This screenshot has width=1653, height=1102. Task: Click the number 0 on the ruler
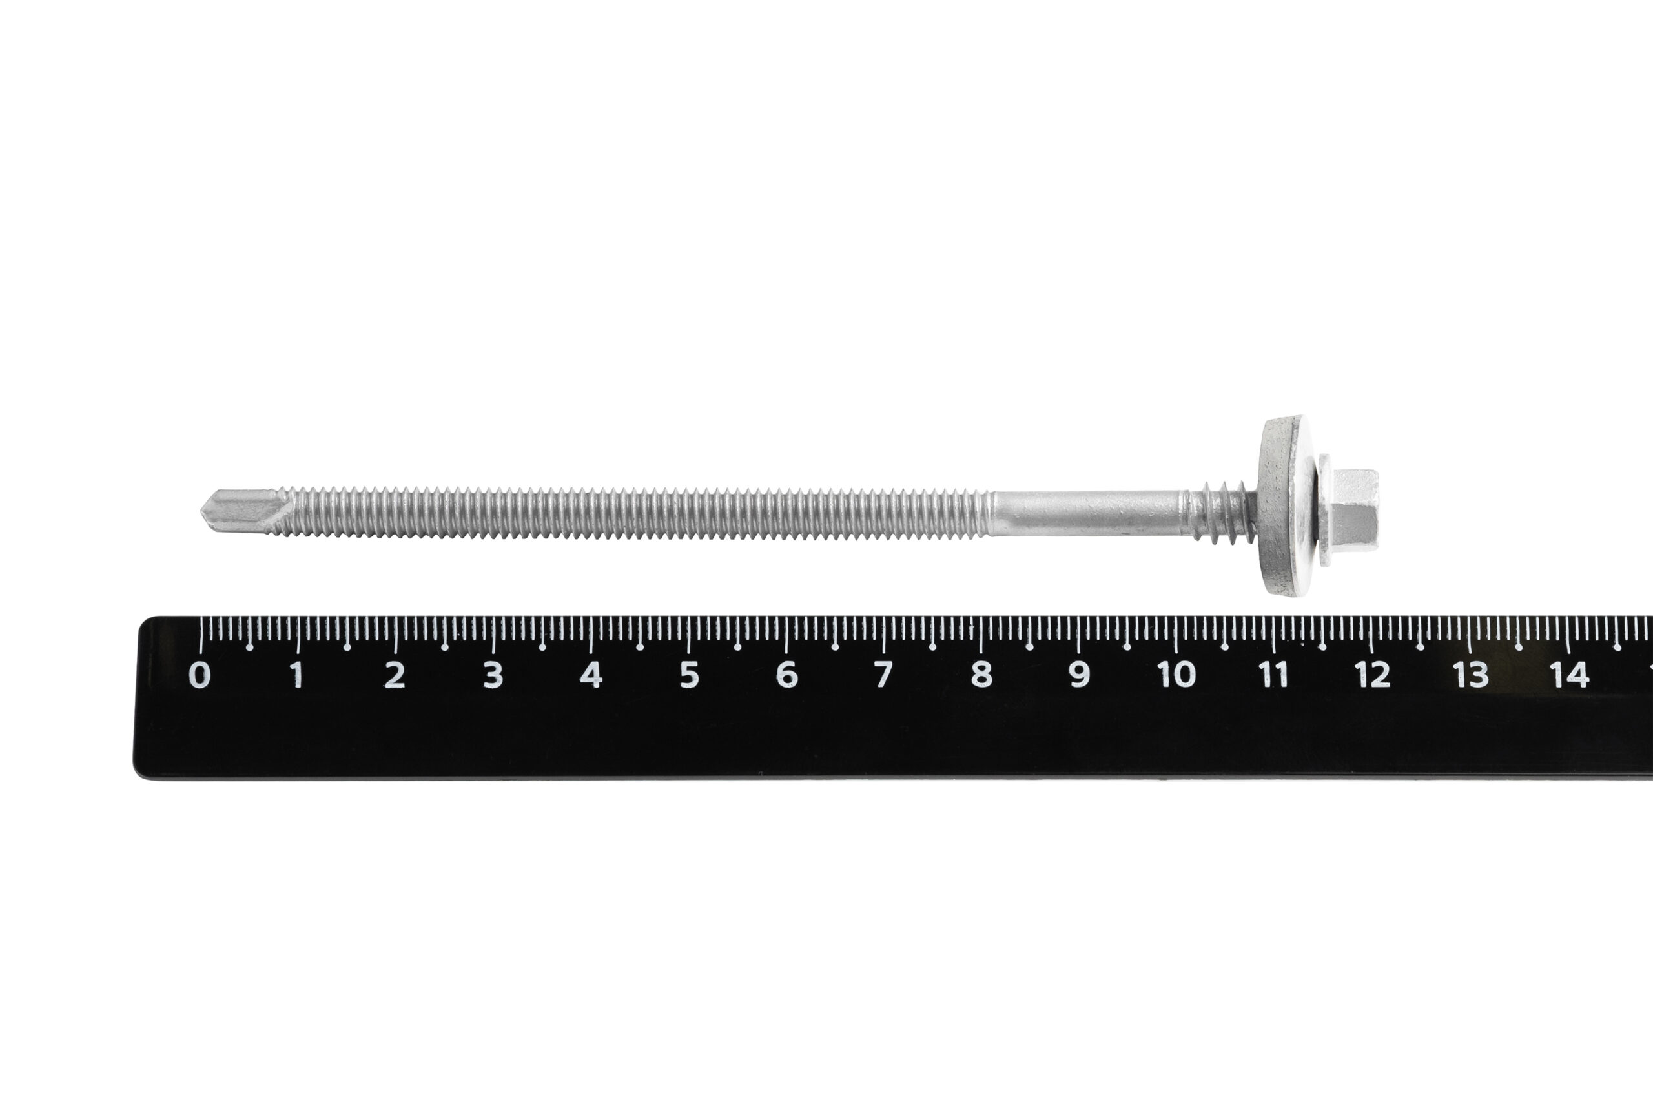click(x=200, y=675)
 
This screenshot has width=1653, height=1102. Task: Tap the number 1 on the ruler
click(x=297, y=675)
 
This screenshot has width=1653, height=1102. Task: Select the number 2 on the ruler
click(x=395, y=675)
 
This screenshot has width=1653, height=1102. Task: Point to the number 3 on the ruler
click(x=493, y=675)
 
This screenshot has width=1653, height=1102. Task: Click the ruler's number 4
click(x=590, y=675)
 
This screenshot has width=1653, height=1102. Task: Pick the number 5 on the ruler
click(x=689, y=675)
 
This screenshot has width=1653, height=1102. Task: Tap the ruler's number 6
click(x=786, y=675)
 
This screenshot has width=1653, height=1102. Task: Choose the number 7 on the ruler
click(x=883, y=675)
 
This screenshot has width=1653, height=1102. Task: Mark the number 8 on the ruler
click(x=982, y=675)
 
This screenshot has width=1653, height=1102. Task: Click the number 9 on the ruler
click(x=1080, y=675)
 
